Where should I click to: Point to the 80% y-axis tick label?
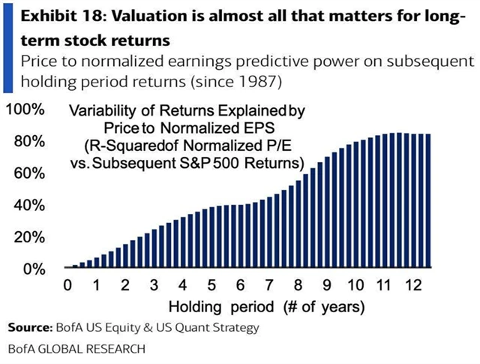coord(28,141)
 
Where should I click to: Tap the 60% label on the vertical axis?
coord(28,173)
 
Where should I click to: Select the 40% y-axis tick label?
coord(28,205)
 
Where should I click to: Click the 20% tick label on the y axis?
coord(28,236)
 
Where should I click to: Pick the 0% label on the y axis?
coord(31,268)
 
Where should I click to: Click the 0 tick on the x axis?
coord(67,286)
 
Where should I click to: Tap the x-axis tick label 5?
coord(212,286)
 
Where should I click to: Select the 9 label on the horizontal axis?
coord(328,286)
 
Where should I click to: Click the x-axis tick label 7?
coord(270,286)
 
